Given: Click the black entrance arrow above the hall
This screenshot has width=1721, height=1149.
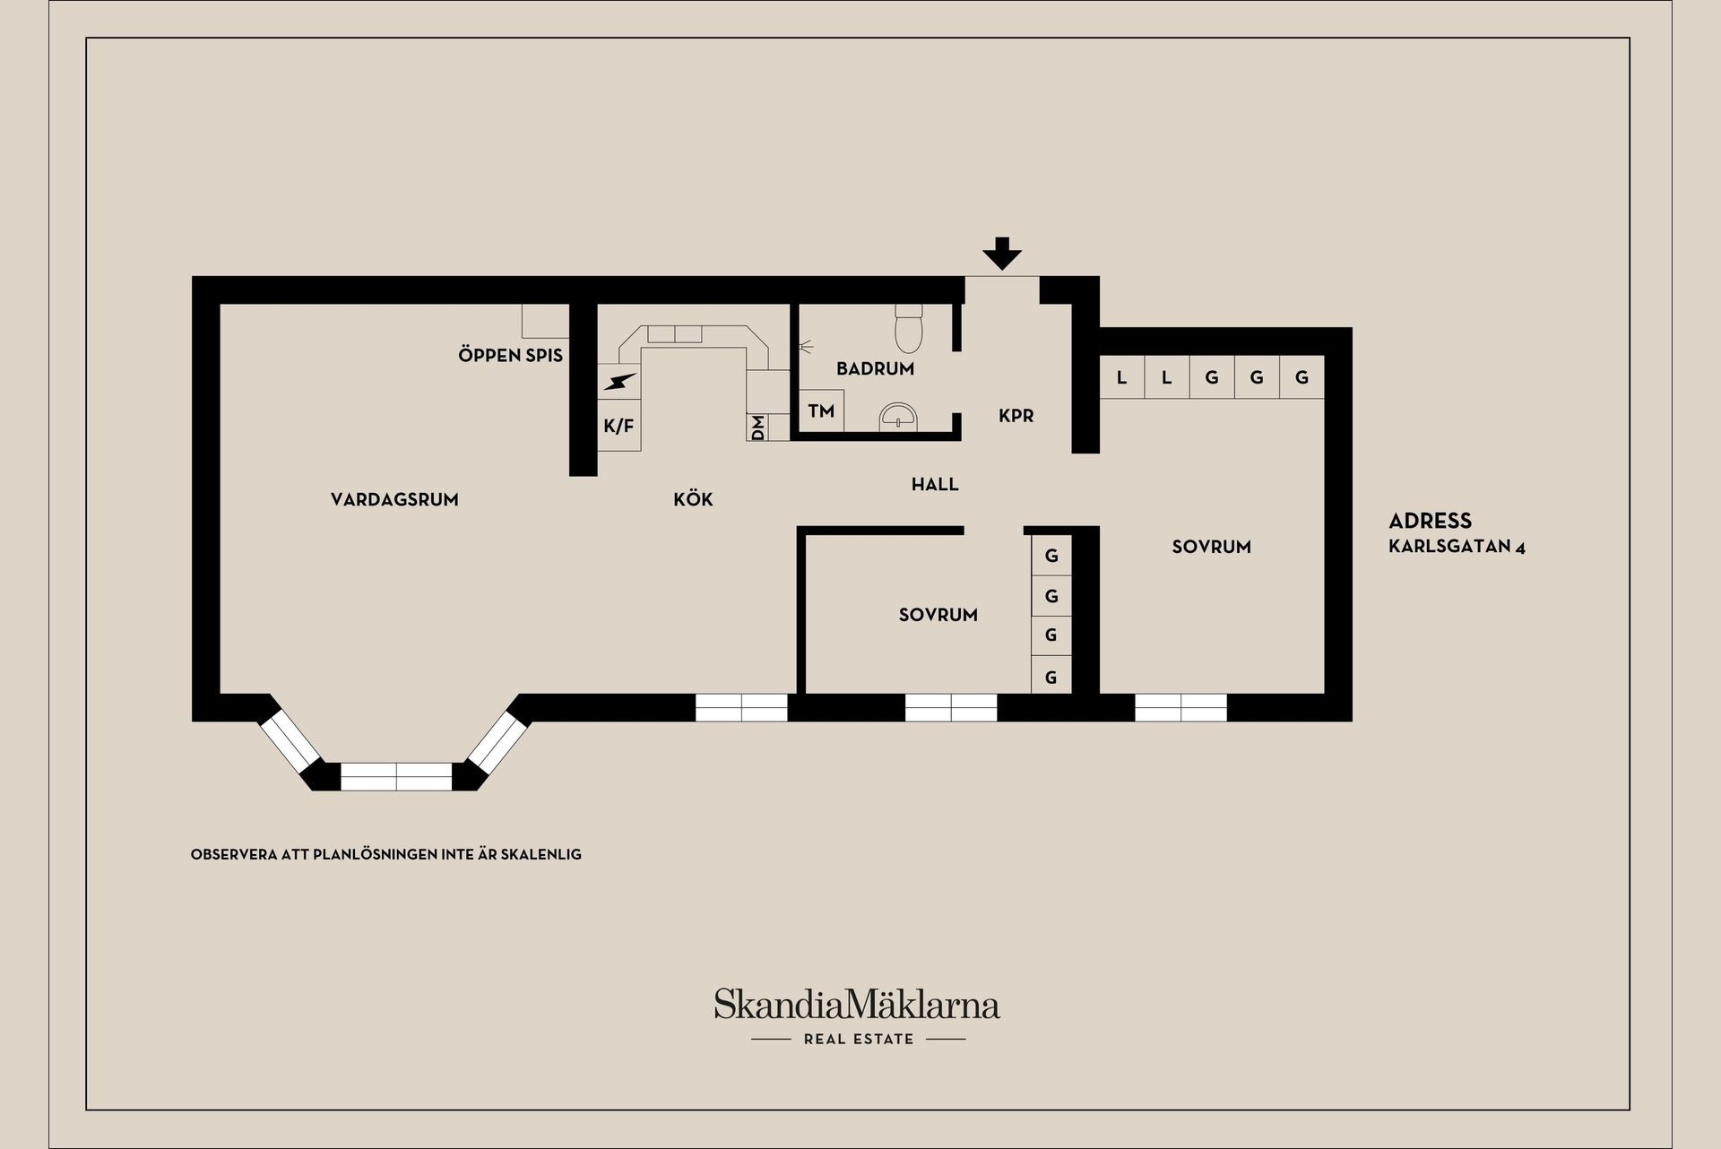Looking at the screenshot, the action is (x=1001, y=254).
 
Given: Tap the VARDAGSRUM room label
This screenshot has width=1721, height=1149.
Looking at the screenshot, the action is (x=394, y=500).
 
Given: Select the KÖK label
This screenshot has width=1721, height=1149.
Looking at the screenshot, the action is (x=693, y=499).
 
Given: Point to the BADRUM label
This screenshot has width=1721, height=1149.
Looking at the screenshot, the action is (x=875, y=368).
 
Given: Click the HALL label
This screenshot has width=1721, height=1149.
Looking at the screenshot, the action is (x=935, y=485).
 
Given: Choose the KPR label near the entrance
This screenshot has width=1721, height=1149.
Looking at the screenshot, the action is (x=1016, y=416).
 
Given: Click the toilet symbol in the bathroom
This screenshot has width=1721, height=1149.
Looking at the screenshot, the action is (x=909, y=328).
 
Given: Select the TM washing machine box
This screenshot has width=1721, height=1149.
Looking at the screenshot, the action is (x=821, y=411).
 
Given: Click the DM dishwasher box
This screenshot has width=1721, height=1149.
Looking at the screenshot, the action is (x=757, y=428).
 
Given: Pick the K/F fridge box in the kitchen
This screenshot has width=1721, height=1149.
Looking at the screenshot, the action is (x=619, y=426).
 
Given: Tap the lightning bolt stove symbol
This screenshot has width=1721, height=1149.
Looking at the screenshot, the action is (x=619, y=382).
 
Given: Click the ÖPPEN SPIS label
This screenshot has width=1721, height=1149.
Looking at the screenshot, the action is (x=510, y=355).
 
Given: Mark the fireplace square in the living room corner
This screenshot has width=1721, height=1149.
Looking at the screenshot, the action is (x=546, y=321).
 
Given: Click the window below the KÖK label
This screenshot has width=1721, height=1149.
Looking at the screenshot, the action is (x=741, y=708).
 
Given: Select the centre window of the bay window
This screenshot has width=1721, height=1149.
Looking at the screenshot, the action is (x=396, y=776).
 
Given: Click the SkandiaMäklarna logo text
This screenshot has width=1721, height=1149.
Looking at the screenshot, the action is (x=857, y=1005).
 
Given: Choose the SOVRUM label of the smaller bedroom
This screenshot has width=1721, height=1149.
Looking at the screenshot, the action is (x=938, y=615).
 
